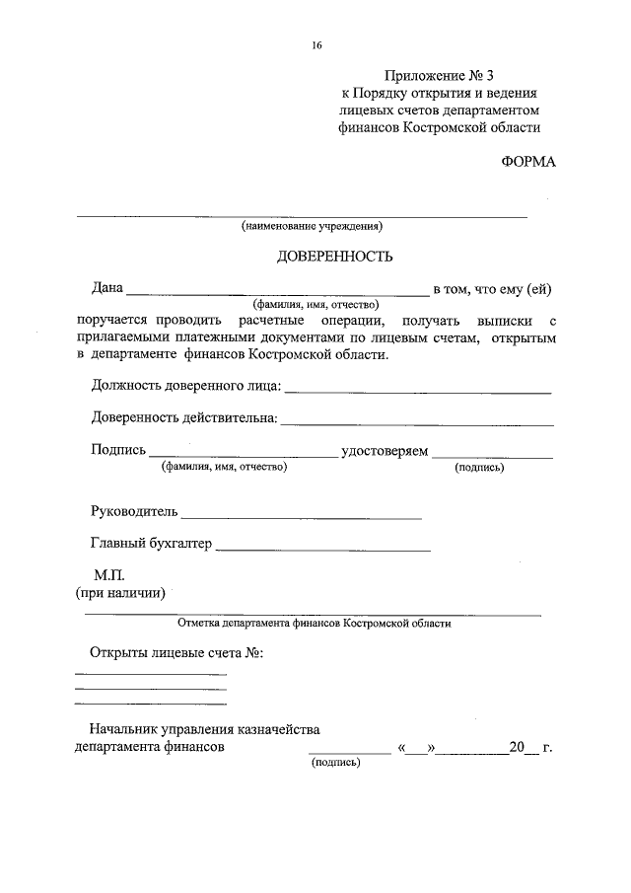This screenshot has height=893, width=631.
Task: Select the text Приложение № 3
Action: pos(435,75)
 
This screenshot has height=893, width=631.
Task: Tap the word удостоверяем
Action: pos(385,451)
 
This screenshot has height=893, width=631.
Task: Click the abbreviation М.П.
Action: pos(109,574)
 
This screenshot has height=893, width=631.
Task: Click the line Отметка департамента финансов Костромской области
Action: pos(314,624)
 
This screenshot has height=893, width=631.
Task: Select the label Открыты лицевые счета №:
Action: pos(176,653)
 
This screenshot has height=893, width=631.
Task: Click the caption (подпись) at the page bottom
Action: pos(335,764)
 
